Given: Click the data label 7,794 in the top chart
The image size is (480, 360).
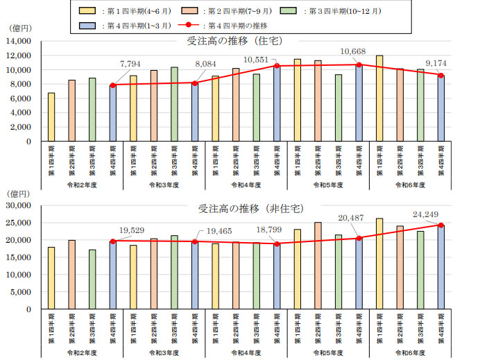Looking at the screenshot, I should pos(130,64).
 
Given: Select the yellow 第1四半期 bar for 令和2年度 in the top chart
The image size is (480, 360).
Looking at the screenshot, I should pos(51,117).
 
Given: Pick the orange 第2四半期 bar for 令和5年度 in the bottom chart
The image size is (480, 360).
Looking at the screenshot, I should pos(318,266).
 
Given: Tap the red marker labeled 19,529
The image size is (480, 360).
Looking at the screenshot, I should pos(112,241).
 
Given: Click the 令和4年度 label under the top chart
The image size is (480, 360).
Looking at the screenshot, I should pos(246,185).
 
